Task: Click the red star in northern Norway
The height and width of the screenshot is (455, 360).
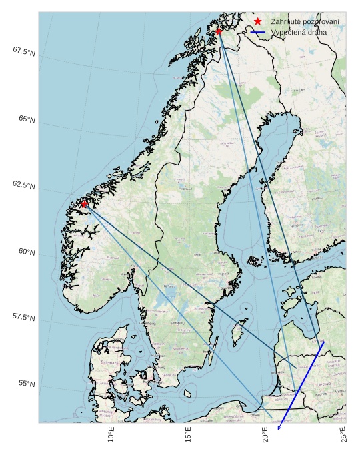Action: coord(219,31)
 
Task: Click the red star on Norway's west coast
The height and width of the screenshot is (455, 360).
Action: coord(84,204)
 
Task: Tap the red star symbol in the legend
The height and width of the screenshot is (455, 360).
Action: coord(258,22)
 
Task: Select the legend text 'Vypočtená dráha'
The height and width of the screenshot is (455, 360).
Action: coord(299,32)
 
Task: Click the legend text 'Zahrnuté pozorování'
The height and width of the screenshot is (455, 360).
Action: coord(305,22)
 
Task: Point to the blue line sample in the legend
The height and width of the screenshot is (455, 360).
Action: coord(258,32)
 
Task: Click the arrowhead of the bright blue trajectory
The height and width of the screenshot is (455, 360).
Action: coord(279,420)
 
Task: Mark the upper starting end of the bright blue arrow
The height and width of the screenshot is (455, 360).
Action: coord(324,341)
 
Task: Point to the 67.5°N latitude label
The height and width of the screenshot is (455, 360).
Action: coord(23,51)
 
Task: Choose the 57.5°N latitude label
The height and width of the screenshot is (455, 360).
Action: coord(23,317)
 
